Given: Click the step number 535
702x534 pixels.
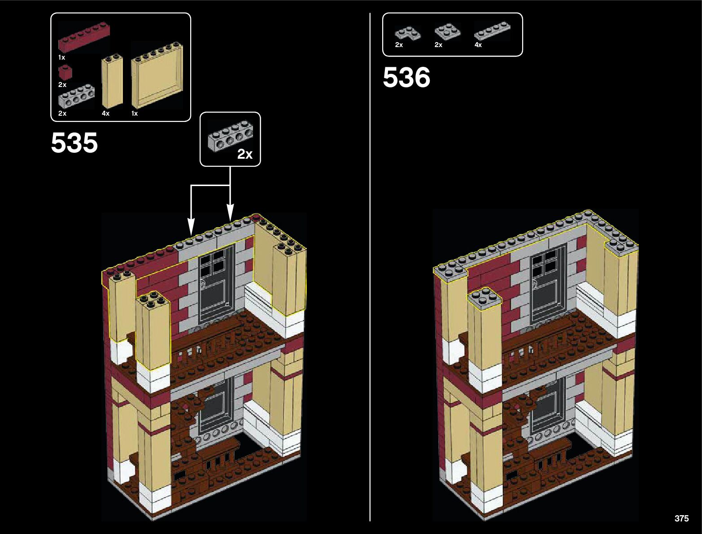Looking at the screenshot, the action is (x=74, y=143).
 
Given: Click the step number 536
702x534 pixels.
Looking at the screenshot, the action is (x=406, y=78).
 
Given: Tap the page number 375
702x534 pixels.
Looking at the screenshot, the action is (x=681, y=518).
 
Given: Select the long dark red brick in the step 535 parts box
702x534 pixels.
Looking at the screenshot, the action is (x=84, y=38).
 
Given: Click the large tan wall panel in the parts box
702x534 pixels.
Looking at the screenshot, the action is (x=157, y=76).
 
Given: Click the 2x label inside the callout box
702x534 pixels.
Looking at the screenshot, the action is (x=245, y=154).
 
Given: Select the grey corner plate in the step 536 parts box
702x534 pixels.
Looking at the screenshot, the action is (x=407, y=33).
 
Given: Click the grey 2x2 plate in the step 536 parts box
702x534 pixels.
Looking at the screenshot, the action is (x=447, y=31).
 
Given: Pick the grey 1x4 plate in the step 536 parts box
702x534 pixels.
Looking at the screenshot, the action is (x=492, y=32).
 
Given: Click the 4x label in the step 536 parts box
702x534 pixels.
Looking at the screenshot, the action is (x=478, y=45).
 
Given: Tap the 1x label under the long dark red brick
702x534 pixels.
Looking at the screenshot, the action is (x=61, y=57).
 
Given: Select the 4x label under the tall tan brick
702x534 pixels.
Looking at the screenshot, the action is (x=105, y=113).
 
